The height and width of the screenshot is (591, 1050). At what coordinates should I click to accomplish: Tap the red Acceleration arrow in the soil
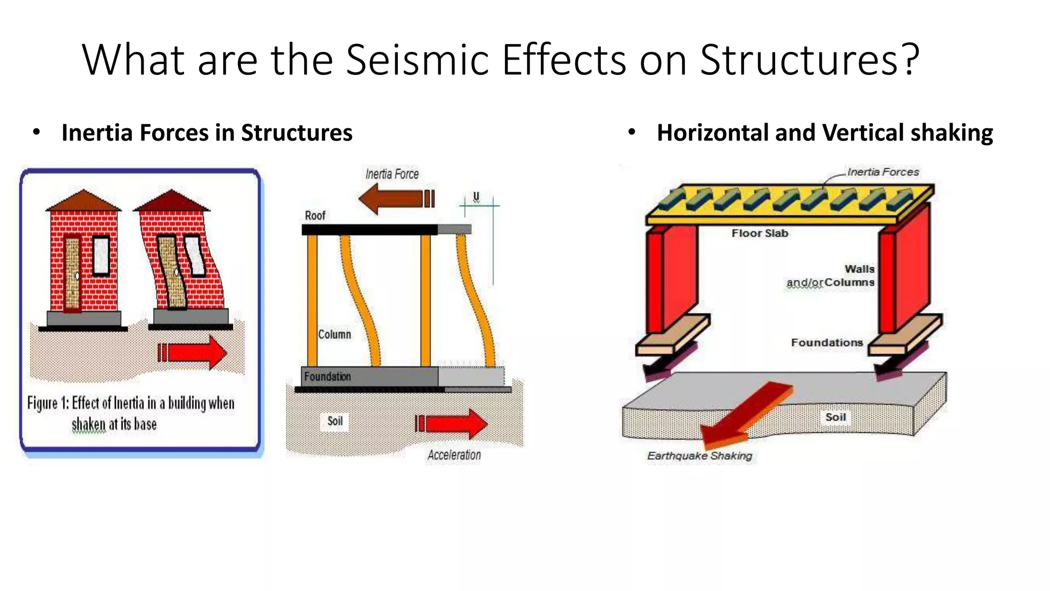tap(452, 424)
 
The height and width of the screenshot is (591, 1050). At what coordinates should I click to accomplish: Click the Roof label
tap(315, 215)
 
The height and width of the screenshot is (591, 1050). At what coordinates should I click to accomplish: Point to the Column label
tap(334, 334)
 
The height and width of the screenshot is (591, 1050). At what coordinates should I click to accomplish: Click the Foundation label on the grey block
tap(327, 377)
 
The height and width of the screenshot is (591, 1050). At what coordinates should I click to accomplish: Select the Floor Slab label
tap(759, 233)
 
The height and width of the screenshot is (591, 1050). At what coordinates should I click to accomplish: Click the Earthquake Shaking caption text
tap(699, 456)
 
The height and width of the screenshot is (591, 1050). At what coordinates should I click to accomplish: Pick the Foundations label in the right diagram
tap(826, 343)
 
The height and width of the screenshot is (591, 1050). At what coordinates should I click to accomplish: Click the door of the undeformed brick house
tap(72, 274)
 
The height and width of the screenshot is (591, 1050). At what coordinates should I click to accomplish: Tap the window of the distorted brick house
tap(195, 255)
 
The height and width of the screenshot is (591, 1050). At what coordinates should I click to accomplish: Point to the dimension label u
tap(476, 196)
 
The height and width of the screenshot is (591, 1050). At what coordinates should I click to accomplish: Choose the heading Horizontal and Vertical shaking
tap(824, 133)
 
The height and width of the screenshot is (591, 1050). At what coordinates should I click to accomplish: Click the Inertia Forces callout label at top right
tap(883, 172)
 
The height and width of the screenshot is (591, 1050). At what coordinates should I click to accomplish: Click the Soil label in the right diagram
tap(835, 417)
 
